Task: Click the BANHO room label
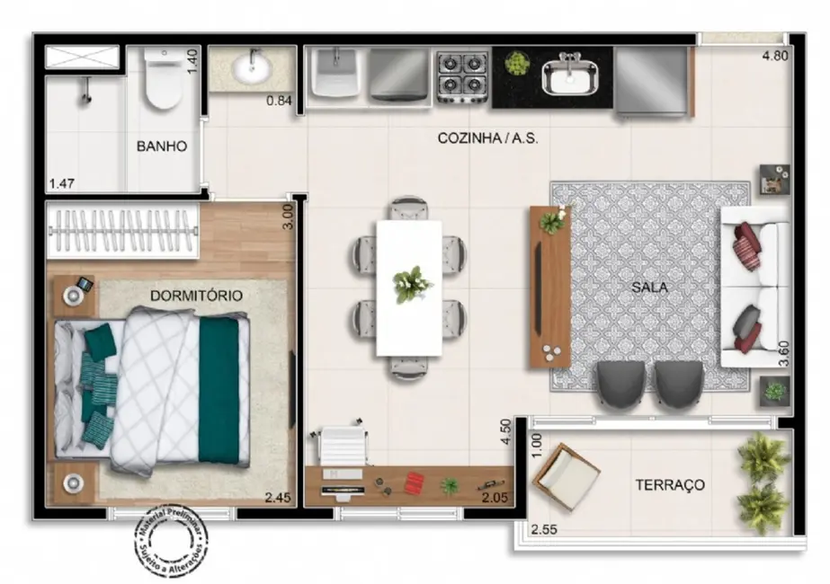[162, 146]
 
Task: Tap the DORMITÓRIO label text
[196, 295]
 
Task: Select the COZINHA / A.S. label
[487, 138]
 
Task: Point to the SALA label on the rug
[648, 288]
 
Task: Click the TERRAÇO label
[670, 484]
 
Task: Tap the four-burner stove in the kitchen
[462, 76]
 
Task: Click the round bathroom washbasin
[250, 67]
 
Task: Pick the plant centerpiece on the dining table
[412, 284]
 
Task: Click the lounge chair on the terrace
[565, 474]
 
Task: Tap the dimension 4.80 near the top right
[776, 56]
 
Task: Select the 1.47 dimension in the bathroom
[61, 184]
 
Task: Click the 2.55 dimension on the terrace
[545, 529]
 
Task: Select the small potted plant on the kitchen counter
[516, 63]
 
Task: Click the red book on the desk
[414, 483]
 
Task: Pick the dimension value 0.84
[279, 101]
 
